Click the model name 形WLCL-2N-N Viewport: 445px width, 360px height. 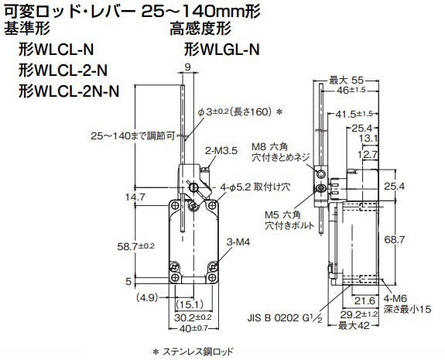click(x=69, y=91)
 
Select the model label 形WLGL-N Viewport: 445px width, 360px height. click(x=221, y=50)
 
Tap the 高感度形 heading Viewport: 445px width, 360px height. click(x=200, y=29)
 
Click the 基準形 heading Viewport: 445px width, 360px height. click(x=27, y=29)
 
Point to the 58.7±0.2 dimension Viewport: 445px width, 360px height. click(x=136, y=246)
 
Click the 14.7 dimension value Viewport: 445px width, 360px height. click(x=135, y=197)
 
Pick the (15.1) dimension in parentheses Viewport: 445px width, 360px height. click(x=190, y=304)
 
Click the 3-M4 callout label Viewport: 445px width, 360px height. click(x=238, y=242)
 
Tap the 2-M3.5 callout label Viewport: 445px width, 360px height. click(x=221, y=151)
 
